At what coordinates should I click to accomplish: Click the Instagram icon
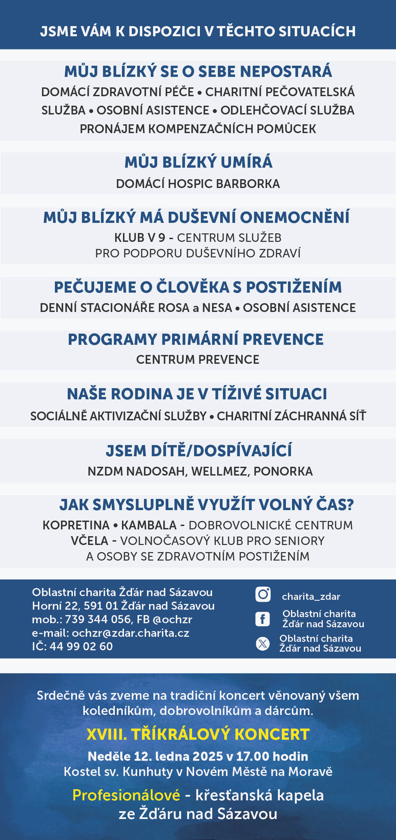tap(263, 594)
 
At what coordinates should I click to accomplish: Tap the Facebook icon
tap(263, 619)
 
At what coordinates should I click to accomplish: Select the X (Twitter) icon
tap(263, 644)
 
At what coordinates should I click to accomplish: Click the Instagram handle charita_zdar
tap(311, 596)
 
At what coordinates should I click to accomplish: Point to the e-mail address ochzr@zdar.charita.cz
tap(130, 633)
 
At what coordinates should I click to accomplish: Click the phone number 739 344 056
tap(98, 619)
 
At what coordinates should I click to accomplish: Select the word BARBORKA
tap(248, 184)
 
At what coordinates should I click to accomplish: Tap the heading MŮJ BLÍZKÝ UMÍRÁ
tap(198, 162)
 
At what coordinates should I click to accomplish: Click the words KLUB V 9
tap(140, 238)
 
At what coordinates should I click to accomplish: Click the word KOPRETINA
tap(76, 525)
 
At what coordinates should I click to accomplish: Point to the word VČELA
tap(89, 541)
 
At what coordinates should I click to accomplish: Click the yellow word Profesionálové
tap(126, 795)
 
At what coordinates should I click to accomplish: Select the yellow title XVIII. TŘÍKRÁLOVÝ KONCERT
tap(198, 734)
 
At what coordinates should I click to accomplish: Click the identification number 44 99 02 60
tap(81, 646)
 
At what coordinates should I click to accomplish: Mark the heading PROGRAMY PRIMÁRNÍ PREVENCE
tap(196, 339)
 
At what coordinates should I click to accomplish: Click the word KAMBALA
tap(149, 525)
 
